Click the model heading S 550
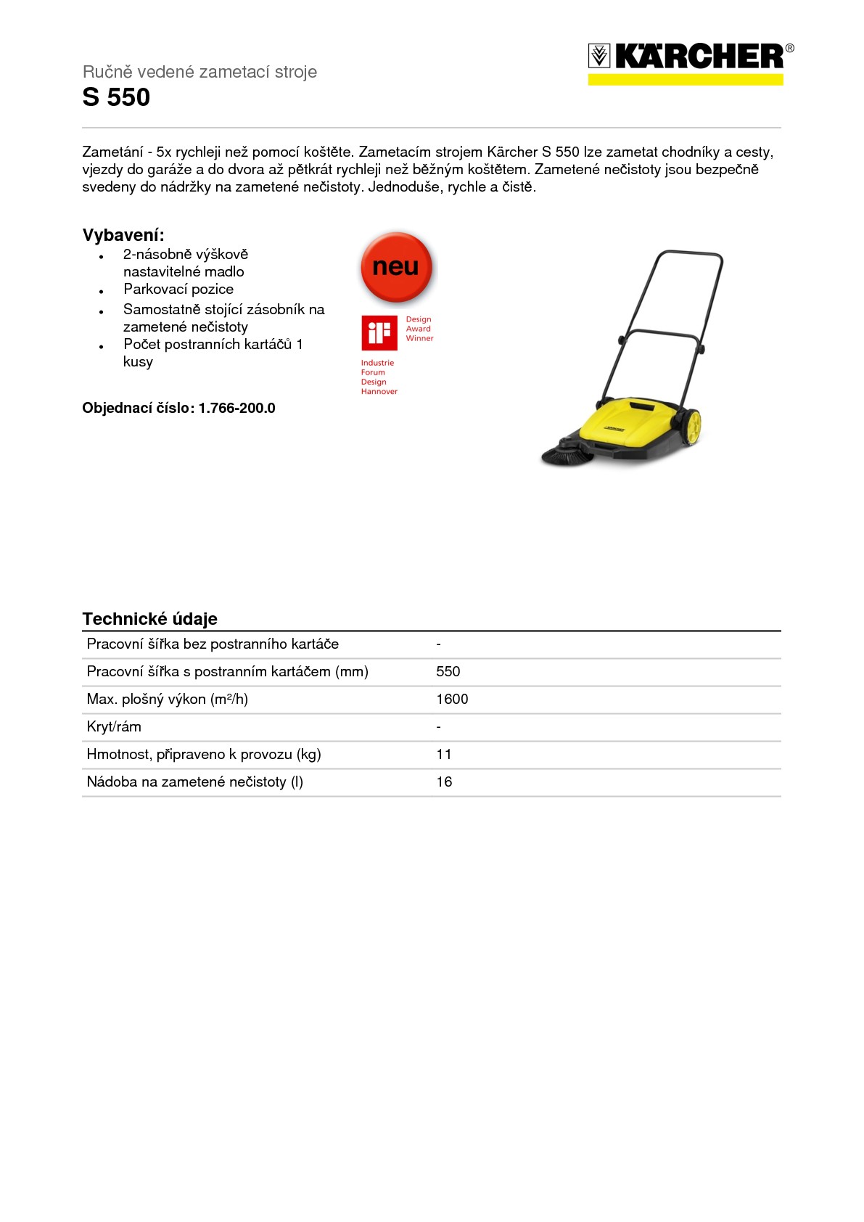pyautogui.click(x=116, y=98)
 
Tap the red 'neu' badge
pyautogui.click(x=396, y=267)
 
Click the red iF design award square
pyautogui.click(x=379, y=333)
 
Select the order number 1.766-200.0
pyautogui.click(x=237, y=409)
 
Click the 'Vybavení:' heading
pyautogui.click(x=123, y=235)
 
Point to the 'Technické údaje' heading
pyautogui.click(x=150, y=619)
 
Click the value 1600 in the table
pyautogui.click(x=452, y=700)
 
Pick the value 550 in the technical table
pyautogui.click(x=448, y=672)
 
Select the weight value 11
pyautogui.click(x=444, y=755)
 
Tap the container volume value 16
pyautogui.click(x=444, y=782)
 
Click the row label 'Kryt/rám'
pyautogui.click(x=114, y=727)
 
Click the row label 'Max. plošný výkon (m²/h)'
pyautogui.click(x=168, y=700)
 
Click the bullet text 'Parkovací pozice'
pyautogui.click(x=178, y=290)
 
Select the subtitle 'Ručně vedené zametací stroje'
pyautogui.click(x=199, y=72)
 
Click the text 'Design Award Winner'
pyautogui.click(x=419, y=329)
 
